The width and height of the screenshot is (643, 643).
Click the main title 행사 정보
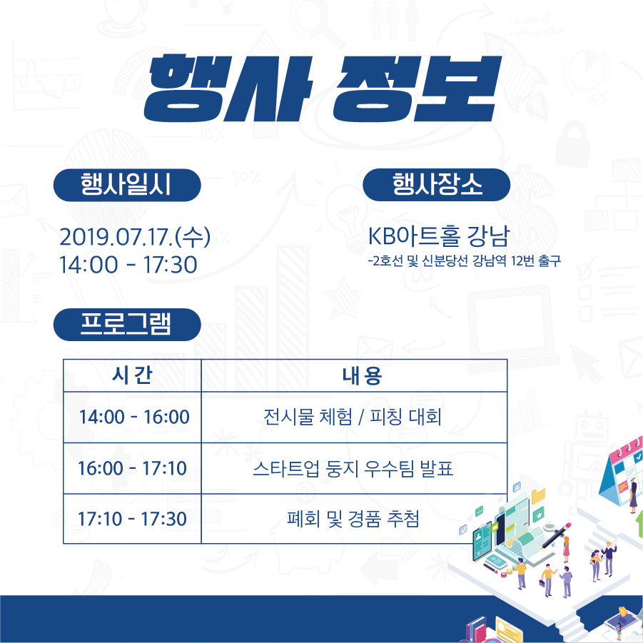coord(323,89)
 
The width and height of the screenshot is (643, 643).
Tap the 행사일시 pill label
coord(127,185)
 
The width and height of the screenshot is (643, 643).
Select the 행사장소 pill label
coord(436,185)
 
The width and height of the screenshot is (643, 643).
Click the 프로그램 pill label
coord(127,325)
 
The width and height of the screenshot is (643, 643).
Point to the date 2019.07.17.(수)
coord(135,237)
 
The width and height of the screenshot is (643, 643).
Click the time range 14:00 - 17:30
coord(128,265)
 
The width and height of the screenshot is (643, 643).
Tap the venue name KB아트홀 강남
coord(438,236)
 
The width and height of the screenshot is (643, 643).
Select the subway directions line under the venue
coord(464,260)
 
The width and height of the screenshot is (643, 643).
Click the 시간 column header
coord(132,375)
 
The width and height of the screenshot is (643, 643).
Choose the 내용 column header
coord(362,375)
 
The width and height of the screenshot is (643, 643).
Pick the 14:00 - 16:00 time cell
coord(134,417)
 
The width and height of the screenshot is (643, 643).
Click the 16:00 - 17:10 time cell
coord(132,468)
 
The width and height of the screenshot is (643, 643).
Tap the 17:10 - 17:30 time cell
coord(132,519)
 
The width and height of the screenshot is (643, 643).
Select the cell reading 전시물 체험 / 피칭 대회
coord(353,417)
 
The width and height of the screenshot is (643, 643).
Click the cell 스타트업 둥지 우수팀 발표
coord(353,468)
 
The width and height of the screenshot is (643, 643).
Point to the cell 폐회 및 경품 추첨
coord(353,519)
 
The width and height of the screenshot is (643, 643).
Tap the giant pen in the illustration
coord(556,535)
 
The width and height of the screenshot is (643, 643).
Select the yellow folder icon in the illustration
coord(538,495)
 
